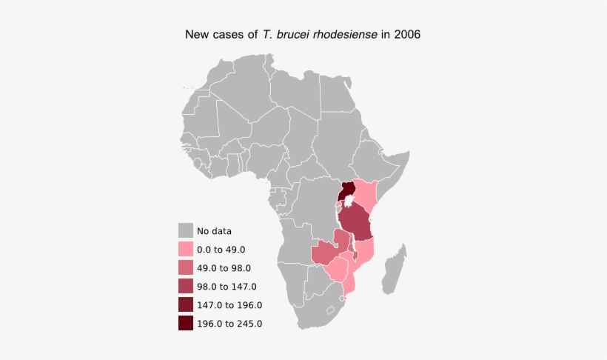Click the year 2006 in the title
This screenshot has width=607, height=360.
pyautogui.click(x=408, y=35)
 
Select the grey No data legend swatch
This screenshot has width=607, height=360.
pyautogui.click(x=186, y=231)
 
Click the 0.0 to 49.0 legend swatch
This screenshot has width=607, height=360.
pyautogui.click(x=186, y=250)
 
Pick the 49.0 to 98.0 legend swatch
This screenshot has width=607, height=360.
pyautogui.click(x=186, y=268)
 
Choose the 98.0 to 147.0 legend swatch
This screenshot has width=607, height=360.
pyautogui.click(x=186, y=287)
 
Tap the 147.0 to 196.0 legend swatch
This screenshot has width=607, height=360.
pyautogui.click(x=186, y=304)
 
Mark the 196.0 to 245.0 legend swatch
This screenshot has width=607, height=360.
pyautogui.click(x=186, y=323)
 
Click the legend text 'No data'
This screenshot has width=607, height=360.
pyautogui.click(x=214, y=231)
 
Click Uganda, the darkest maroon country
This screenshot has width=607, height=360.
pyautogui.click(x=346, y=194)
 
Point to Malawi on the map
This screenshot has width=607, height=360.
pyautogui.click(x=353, y=249)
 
